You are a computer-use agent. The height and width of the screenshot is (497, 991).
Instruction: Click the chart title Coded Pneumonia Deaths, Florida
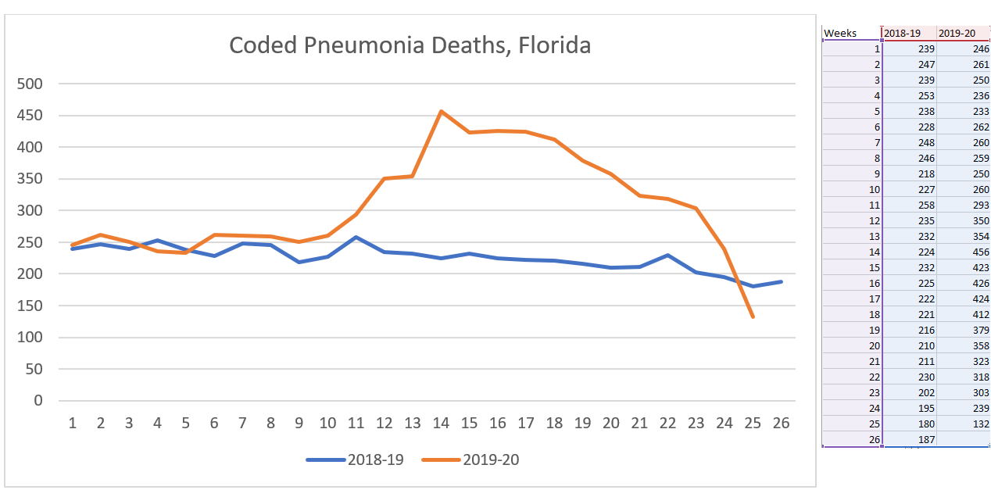coord(410,45)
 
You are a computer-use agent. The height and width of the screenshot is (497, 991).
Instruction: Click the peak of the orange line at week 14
coord(441,111)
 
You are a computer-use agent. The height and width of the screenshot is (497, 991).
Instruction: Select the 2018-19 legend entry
coord(356,459)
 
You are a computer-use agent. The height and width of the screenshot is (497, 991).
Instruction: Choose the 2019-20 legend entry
coord(471,459)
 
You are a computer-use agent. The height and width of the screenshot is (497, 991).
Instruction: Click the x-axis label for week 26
coord(781,424)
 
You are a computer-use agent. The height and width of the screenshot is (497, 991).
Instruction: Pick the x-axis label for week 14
coord(441,424)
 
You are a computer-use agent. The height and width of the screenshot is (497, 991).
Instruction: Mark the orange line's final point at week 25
coord(753,316)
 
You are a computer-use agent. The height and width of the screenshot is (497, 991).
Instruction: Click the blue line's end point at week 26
coord(781,281)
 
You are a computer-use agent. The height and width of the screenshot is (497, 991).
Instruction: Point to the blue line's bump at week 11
coord(356,237)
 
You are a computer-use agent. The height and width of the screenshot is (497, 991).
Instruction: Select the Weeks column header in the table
coord(840,33)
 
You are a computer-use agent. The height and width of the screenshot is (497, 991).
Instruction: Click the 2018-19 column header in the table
coord(902,33)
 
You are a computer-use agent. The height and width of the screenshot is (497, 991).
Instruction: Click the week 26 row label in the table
coord(873,439)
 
